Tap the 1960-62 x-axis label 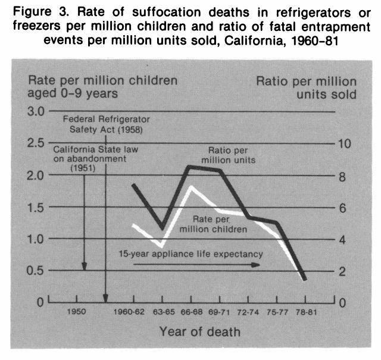128,311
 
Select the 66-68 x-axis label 192,311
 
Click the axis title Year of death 199,331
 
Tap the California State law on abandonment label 96,159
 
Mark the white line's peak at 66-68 191,188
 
